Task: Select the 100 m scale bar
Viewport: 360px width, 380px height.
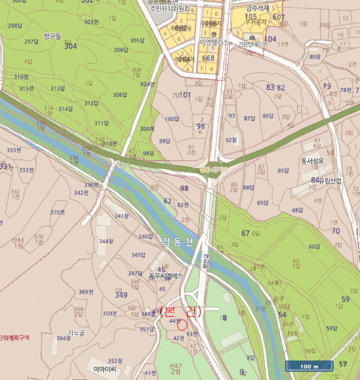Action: [x=309, y=366]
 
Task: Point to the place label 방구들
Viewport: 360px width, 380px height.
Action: [x=53, y=36]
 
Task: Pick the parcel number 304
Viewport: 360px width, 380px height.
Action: [x=70, y=47]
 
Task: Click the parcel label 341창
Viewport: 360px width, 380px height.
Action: [x=121, y=216]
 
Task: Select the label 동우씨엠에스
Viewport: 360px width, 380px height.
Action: [x=166, y=276]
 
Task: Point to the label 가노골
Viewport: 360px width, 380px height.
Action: [x=76, y=332]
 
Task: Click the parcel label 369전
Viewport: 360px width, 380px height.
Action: [x=87, y=292]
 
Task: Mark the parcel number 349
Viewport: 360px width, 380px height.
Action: [x=121, y=295]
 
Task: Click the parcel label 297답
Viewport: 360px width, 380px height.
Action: [x=31, y=42]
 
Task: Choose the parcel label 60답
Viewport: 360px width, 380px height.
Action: [x=314, y=246]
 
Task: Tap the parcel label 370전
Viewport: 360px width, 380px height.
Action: [x=58, y=212]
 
